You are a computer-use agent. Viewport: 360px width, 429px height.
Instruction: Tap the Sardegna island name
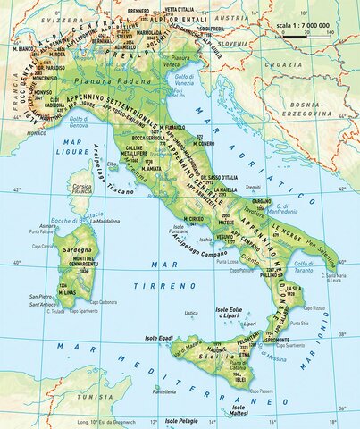tap(77, 252)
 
